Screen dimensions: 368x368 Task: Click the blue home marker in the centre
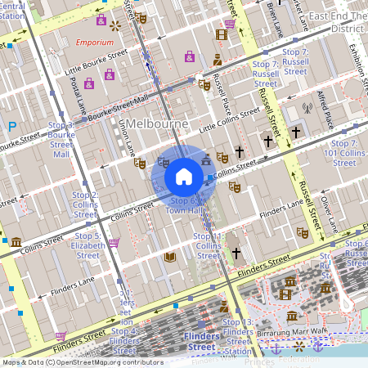coord(184,176)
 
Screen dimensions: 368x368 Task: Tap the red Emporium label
coord(93,43)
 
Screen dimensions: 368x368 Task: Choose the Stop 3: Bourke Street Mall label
coord(61,139)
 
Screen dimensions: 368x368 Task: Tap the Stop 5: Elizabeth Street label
coord(87,245)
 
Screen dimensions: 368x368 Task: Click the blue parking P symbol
coord(11,127)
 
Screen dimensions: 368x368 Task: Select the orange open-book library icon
coord(170,257)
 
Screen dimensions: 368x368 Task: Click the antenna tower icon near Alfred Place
coord(307,107)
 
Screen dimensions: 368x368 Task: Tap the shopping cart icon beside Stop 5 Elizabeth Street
coord(114,242)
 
